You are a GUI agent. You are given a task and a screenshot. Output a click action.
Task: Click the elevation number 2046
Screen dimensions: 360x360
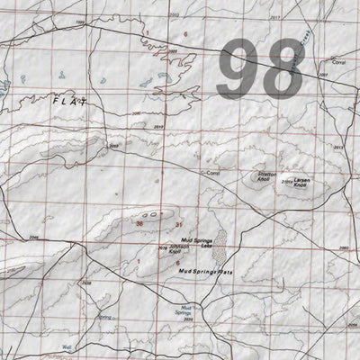tap(34, 237)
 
